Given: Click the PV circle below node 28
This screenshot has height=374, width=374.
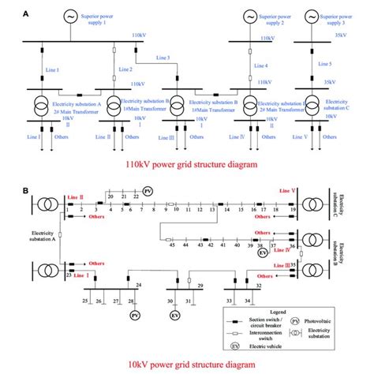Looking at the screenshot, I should click(x=133, y=315).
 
